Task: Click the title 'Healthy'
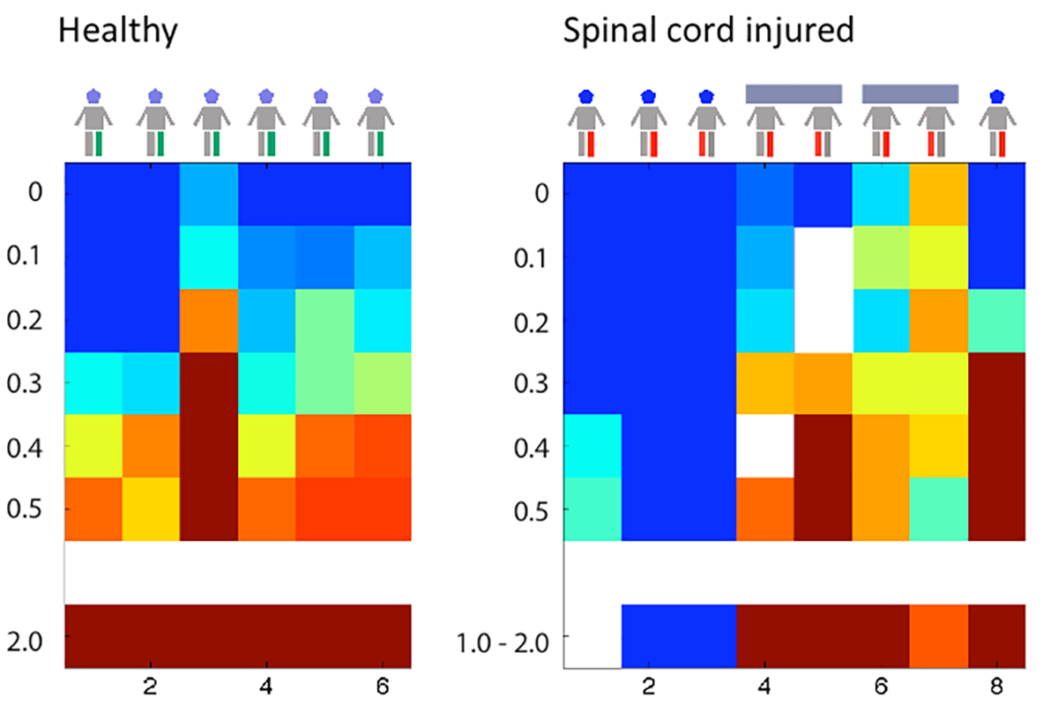pos(118,33)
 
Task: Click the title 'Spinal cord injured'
pos(709,33)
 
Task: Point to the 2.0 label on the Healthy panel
pos(34,636)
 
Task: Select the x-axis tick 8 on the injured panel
pos(996,686)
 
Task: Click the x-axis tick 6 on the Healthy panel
pos(382,686)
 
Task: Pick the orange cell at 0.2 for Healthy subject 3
pos(209,321)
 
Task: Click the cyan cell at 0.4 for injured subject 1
pos(592,446)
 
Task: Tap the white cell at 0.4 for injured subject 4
pos(765,446)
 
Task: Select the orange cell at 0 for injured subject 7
pos(938,195)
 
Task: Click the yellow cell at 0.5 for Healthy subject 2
pos(151,508)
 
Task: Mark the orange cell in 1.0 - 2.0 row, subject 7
pos(938,635)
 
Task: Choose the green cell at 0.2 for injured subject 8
pos(996,321)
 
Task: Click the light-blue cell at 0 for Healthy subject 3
pos(209,195)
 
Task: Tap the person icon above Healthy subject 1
pos(93,123)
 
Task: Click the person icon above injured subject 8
pos(996,123)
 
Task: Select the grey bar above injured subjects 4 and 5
pos(793,93)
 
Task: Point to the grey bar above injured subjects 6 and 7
pos(910,93)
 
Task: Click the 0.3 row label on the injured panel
pos(532,383)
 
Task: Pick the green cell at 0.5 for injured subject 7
pos(938,508)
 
